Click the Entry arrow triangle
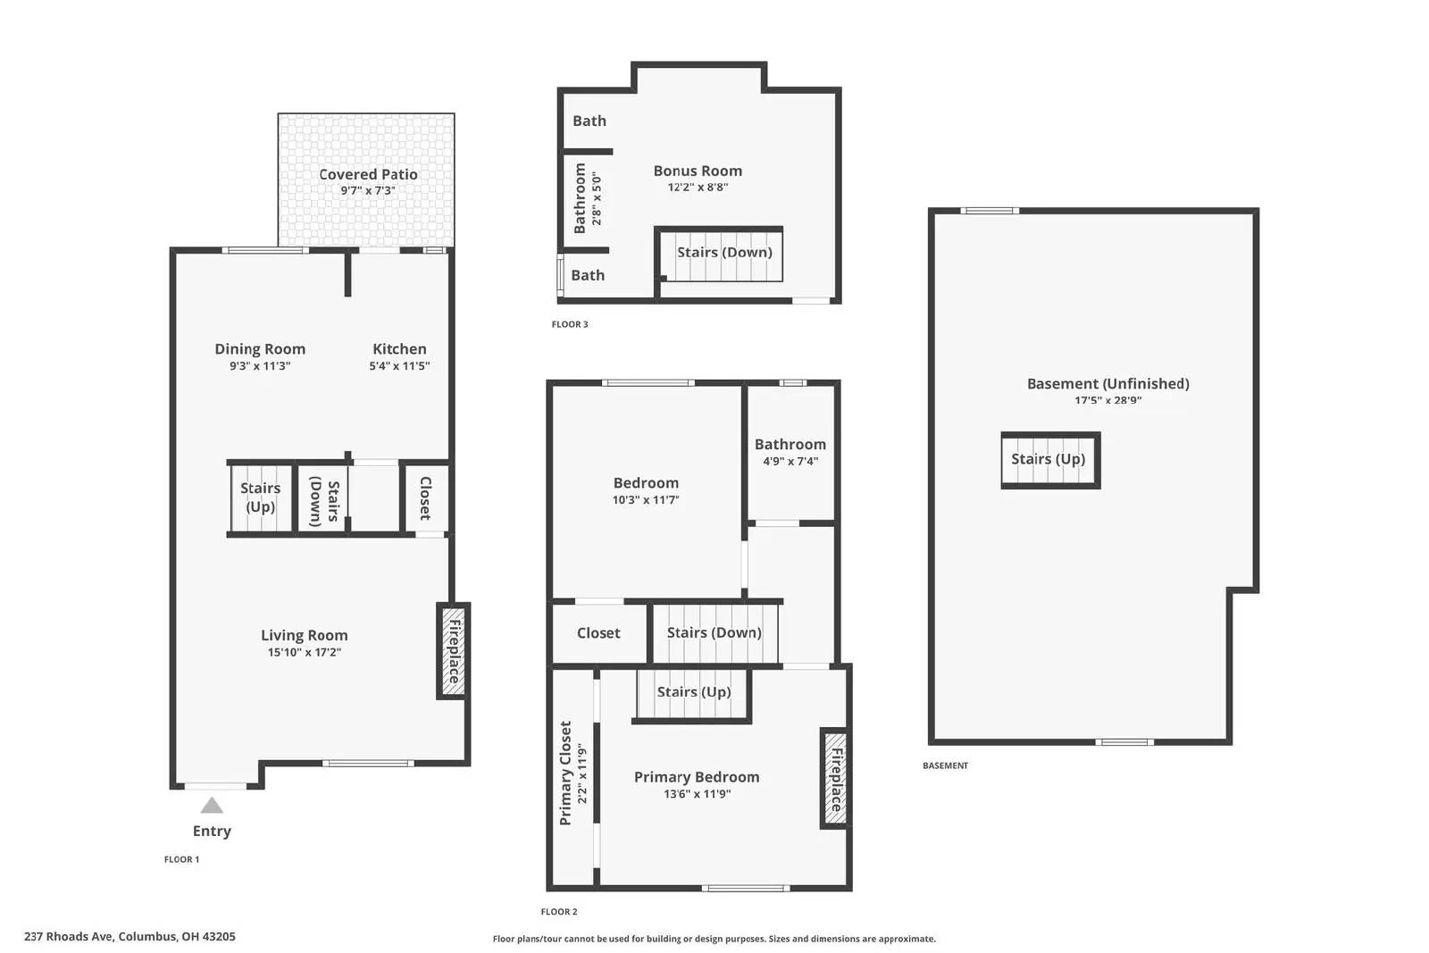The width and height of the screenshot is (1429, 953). click(x=212, y=806)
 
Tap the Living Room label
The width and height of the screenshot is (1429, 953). click(x=305, y=635)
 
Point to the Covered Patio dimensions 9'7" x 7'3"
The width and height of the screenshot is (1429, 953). click(x=367, y=191)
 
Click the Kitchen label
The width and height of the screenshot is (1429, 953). click(x=399, y=349)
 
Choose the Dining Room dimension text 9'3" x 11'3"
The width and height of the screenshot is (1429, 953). click(x=260, y=366)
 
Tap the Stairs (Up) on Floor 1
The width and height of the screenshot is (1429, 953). click(x=260, y=497)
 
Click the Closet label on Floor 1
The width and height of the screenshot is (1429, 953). click(x=425, y=498)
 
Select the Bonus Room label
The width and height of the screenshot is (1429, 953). click(x=698, y=171)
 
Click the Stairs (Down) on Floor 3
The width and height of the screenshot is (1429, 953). click(x=724, y=253)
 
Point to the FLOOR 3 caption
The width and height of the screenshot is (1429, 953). click(x=570, y=324)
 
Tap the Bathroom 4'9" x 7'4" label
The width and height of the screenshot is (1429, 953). click(x=790, y=445)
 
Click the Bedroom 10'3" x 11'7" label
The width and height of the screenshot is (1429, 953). click(x=646, y=483)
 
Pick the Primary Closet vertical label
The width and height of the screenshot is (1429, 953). click(x=565, y=773)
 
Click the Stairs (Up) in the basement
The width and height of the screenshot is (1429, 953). click(x=1049, y=459)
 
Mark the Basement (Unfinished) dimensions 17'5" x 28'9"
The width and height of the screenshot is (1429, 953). click(x=1107, y=401)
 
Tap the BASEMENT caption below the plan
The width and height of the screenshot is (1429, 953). click(x=945, y=765)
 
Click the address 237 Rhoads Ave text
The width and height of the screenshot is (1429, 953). click(x=130, y=937)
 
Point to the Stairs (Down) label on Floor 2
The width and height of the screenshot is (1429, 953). click(x=714, y=632)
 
